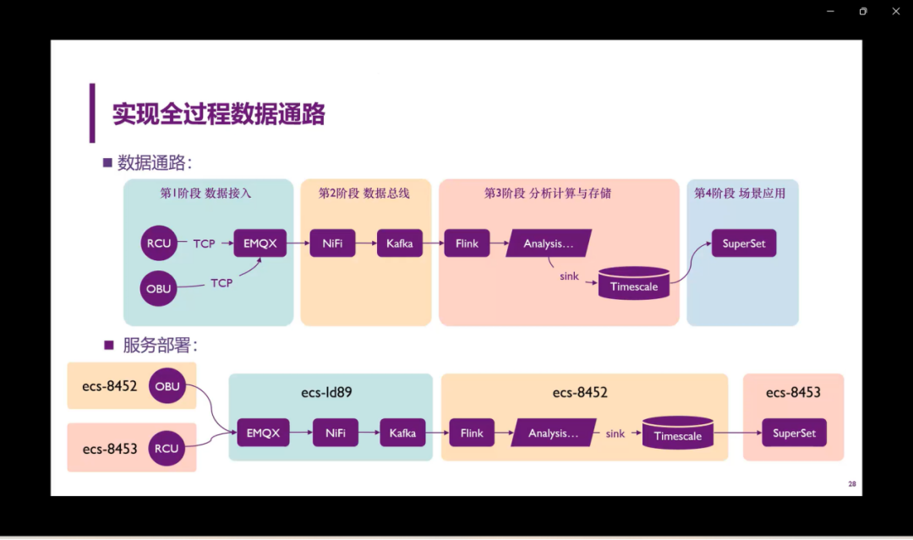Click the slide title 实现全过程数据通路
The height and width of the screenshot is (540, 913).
tap(219, 114)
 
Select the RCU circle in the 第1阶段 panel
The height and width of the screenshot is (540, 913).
tap(159, 243)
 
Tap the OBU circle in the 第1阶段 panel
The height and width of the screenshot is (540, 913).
tap(159, 288)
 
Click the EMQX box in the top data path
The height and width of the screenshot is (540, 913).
tap(260, 243)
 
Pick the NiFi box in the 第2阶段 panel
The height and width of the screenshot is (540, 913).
tap(332, 243)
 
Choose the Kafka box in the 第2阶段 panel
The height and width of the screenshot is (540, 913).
tap(399, 243)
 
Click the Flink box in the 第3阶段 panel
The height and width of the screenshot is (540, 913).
tap(467, 243)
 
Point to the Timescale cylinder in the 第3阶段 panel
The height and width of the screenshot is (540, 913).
tap(634, 286)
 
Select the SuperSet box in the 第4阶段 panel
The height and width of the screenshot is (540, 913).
tap(744, 243)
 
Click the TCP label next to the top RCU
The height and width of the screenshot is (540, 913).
tap(204, 243)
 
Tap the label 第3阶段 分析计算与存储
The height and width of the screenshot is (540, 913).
tap(547, 194)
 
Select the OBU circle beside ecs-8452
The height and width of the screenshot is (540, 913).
tap(167, 386)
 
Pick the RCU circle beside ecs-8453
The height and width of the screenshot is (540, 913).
tap(167, 448)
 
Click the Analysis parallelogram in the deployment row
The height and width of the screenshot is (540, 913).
tap(554, 434)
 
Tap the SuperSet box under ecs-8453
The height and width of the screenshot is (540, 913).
tap(794, 434)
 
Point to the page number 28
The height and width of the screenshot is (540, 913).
tap(852, 484)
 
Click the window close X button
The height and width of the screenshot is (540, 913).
tap(896, 11)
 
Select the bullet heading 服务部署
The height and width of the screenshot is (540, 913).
tap(159, 346)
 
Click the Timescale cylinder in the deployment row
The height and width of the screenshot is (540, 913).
tap(678, 434)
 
